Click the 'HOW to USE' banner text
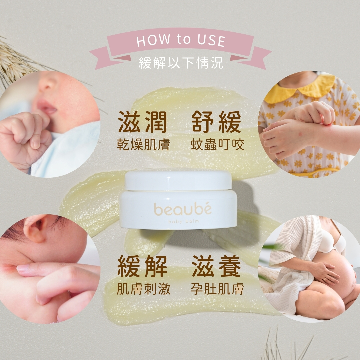(181, 40)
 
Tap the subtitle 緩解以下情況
(181, 62)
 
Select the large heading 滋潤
(142, 122)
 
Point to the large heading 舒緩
(217, 122)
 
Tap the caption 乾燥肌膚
(143, 145)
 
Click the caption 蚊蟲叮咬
(217, 145)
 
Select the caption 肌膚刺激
(143, 289)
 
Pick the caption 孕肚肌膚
(217, 289)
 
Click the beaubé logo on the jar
(183, 209)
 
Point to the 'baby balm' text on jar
(183, 222)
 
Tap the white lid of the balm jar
(178, 181)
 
